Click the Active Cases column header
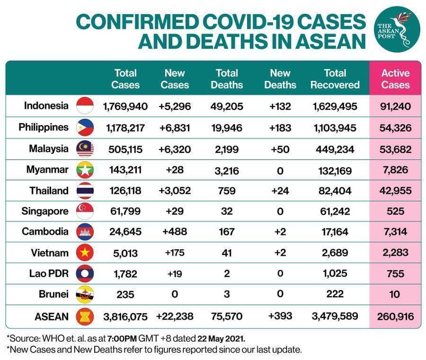tap(396, 79)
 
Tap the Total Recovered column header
tap(335, 79)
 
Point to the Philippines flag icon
tap(85, 127)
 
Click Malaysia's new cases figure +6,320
tap(174, 149)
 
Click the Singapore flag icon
tap(85, 211)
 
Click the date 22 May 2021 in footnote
tap(228, 338)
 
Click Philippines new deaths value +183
tap(280, 128)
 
